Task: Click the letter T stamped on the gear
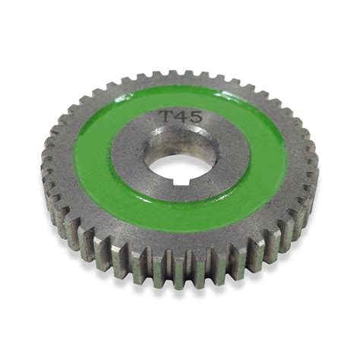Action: pyautogui.click(x=165, y=117)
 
